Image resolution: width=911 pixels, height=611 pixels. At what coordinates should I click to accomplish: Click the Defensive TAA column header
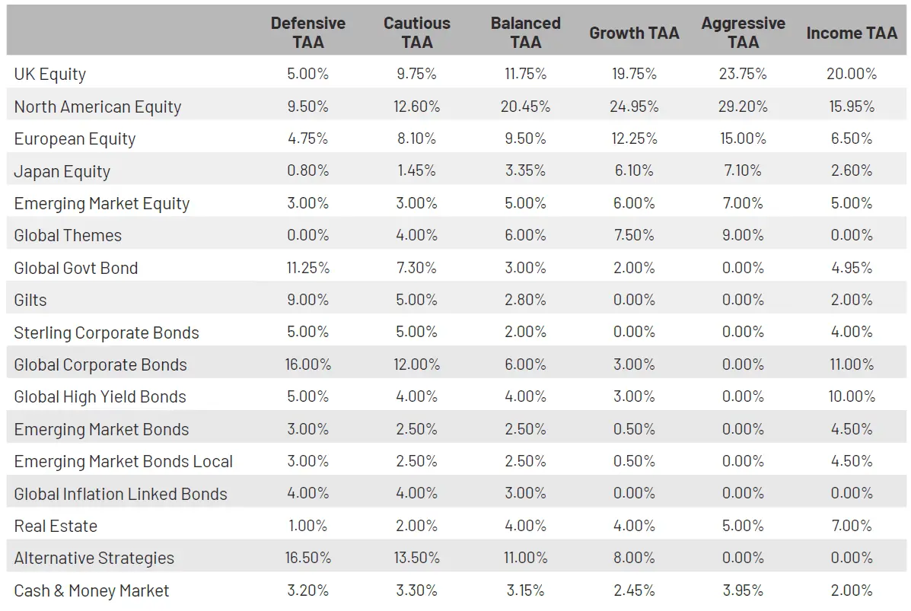[x=307, y=33]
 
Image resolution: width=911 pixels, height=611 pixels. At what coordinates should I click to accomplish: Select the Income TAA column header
[x=852, y=33]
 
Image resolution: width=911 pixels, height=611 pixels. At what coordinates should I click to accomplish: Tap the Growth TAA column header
[x=633, y=33]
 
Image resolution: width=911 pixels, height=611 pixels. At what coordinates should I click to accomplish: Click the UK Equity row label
[x=50, y=75]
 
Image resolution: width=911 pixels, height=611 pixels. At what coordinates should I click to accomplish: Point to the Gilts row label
[x=30, y=301]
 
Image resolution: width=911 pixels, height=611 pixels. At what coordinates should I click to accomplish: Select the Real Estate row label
[x=56, y=527]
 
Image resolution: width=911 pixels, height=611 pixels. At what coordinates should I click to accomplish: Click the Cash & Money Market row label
[x=91, y=591]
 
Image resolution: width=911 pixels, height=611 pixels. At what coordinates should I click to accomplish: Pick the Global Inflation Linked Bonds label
[x=120, y=495]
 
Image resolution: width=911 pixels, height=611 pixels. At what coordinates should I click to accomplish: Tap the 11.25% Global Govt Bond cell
[x=307, y=268]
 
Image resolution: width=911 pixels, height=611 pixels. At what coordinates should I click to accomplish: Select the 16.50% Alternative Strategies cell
[x=307, y=558]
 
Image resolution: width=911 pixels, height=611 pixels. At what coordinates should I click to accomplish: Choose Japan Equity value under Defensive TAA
[x=307, y=171]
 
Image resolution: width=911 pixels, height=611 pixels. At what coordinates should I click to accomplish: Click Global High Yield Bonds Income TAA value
[x=852, y=397]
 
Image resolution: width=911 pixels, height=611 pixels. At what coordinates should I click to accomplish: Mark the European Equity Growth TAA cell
[x=633, y=139]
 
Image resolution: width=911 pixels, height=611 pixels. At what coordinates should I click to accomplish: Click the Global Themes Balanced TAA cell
[x=525, y=236]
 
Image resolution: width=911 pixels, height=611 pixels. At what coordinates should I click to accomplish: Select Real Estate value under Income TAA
[x=852, y=527]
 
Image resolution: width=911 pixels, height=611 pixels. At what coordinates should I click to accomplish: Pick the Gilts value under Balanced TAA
[x=525, y=301]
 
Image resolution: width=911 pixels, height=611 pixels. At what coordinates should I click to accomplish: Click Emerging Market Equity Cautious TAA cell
[x=416, y=204]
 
